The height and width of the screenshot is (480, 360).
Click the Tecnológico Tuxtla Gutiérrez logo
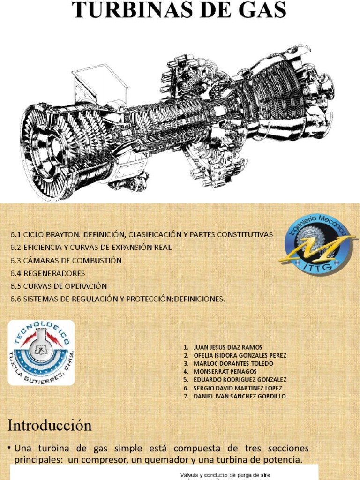click(x=41, y=352)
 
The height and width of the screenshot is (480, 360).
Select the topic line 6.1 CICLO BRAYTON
click(x=141, y=234)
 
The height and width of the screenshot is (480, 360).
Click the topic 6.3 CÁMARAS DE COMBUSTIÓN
click(x=66, y=260)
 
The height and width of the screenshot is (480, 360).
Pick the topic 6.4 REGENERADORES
click(x=48, y=273)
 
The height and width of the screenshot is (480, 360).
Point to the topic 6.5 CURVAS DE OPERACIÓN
click(x=59, y=286)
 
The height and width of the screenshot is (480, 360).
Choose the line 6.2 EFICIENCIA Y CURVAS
click(x=91, y=247)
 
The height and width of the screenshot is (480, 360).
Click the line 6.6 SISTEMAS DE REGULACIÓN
click(x=118, y=299)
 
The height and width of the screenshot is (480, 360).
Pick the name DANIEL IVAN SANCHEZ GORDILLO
click(x=239, y=396)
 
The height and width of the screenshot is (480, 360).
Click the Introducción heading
click(x=49, y=426)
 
